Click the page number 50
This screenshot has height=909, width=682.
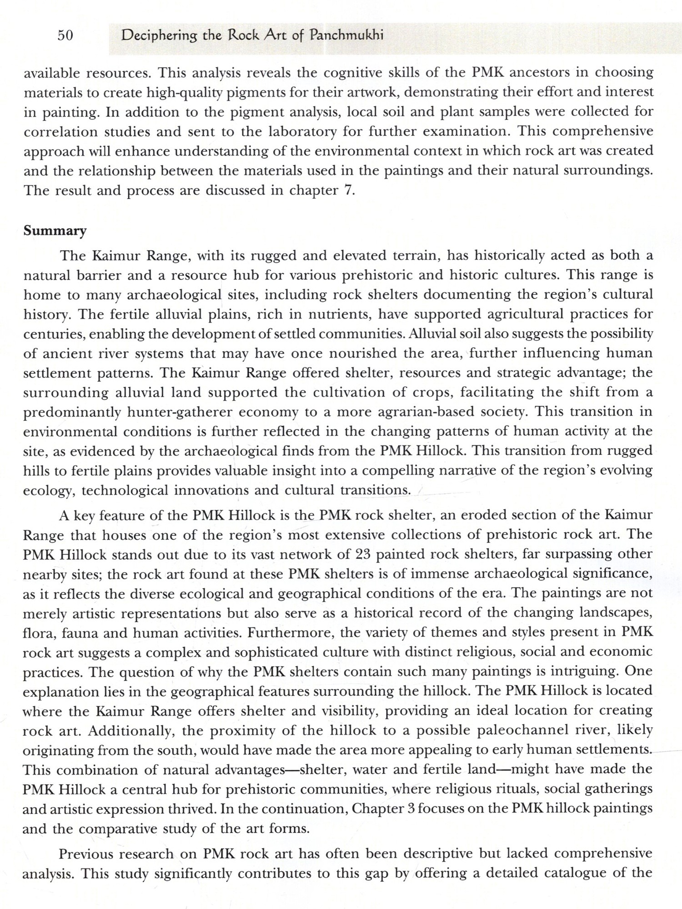(x=65, y=35)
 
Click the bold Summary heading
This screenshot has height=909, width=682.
(x=55, y=231)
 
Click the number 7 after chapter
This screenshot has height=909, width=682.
(x=348, y=190)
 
